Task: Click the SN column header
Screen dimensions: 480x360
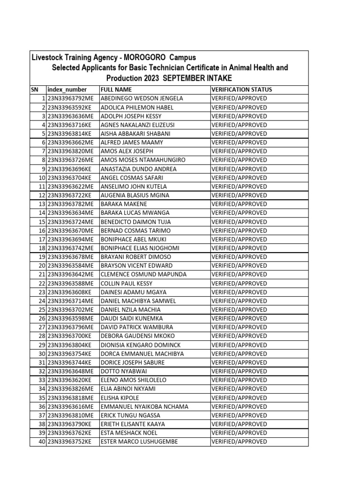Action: (35, 90)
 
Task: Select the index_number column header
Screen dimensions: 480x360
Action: (67, 90)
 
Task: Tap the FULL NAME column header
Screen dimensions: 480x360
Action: (116, 90)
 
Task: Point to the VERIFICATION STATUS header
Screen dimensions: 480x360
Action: (242, 90)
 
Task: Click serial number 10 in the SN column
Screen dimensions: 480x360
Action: (41, 178)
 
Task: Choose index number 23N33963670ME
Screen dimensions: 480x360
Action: (70, 231)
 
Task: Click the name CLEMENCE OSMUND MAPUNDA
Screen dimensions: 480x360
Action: (143, 274)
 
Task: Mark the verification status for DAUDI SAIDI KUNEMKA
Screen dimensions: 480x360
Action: (239, 318)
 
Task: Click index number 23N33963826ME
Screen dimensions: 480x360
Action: (70, 389)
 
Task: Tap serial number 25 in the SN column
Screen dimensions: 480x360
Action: (41, 310)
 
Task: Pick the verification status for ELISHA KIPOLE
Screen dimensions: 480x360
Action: (239, 397)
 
